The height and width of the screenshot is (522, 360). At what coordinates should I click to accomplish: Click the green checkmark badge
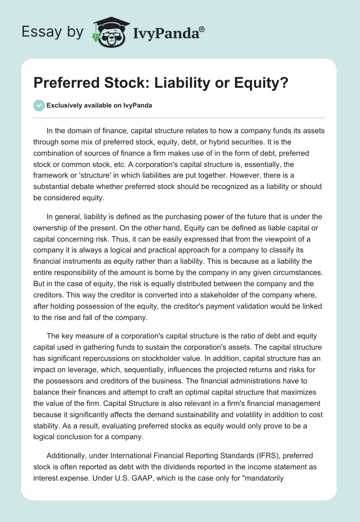pyautogui.click(x=39, y=106)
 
